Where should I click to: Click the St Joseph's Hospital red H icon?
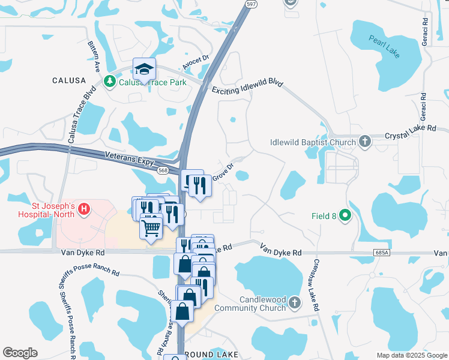coord(85,209)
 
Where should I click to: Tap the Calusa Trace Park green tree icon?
coord(110,81)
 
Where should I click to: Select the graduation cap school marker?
coord(144,70)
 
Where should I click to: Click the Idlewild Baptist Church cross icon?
coord(364,142)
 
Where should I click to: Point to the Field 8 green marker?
coord(345,214)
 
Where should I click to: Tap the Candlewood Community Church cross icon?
coord(294,303)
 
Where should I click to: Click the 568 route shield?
coord(163,170)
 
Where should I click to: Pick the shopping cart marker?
coord(151,227)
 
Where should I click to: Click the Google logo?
coord(20,353)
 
